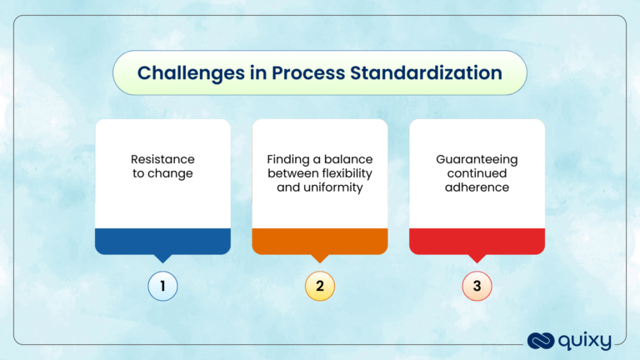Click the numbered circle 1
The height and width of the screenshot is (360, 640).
click(163, 287)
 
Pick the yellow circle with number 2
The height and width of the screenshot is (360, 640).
click(320, 287)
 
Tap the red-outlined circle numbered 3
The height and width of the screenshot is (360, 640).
click(477, 287)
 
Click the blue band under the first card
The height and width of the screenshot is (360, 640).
click(163, 241)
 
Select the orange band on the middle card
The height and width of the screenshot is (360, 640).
click(320, 241)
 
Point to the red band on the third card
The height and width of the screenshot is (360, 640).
click(477, 241)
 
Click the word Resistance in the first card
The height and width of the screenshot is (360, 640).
click(163, 158)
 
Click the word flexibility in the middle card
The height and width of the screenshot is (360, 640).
click(343, 173)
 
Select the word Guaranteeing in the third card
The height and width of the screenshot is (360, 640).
click(477, 158)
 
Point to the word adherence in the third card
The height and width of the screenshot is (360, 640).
click(477, 188)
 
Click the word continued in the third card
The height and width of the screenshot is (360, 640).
click(477, 173)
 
